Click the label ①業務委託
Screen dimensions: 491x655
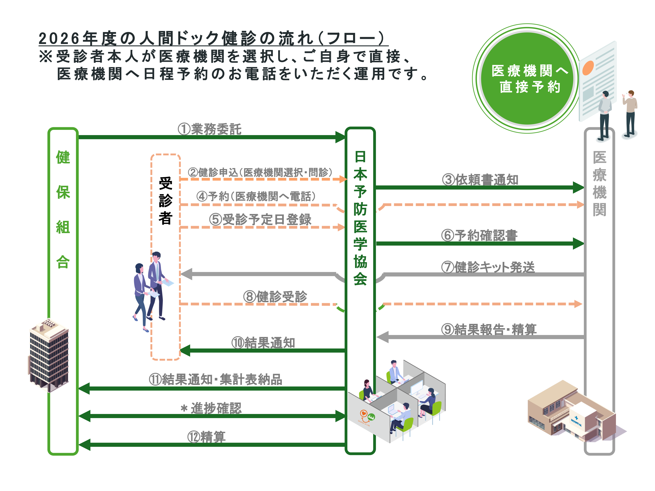210,129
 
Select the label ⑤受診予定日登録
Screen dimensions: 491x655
260,219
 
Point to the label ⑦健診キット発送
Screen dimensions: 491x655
488,267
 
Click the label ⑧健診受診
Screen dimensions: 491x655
275,296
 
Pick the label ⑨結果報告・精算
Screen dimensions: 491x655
489,329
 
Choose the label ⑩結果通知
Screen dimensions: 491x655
263,343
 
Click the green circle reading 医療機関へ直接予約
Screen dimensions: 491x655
527,78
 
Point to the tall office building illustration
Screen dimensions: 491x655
49,355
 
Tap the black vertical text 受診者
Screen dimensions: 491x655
165,201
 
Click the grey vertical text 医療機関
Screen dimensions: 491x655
599,184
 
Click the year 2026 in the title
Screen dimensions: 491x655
59,38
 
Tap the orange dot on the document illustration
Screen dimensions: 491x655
588,67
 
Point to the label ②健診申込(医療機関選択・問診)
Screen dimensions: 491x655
260,172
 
